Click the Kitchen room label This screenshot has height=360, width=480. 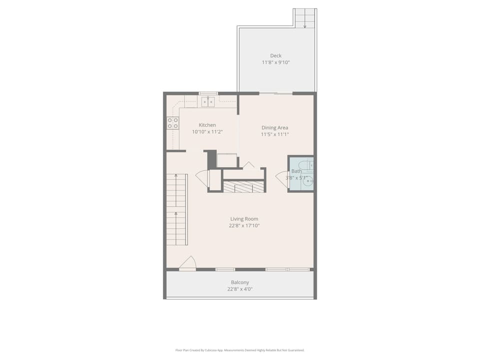tap(207, 125)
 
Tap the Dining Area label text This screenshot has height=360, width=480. tap(274, 127)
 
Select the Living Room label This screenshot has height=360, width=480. tap(244, 219)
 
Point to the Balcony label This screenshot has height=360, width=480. tap(240, 282)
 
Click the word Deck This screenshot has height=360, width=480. tap(275, 55)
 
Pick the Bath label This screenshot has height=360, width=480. tap(296, 171)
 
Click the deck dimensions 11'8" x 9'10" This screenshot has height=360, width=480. tap(275, 62)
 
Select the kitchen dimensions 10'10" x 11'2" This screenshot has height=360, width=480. tap(207, 132)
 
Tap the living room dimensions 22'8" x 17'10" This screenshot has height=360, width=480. tap(244, 225)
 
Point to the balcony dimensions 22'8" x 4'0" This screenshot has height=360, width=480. tap(240, 289)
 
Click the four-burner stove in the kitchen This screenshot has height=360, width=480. tap(173, 123)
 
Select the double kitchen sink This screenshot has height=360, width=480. tap(208, 101)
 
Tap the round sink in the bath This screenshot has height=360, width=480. tap(307, 181)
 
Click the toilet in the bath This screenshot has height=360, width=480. tap(307, 165)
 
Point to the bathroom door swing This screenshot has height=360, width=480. tap(281, 179)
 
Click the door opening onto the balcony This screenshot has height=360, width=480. tap(187, 263)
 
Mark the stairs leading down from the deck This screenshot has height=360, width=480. tap(305, 18)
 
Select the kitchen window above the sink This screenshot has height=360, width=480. tap(208, 93)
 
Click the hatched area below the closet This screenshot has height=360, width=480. tap(243, 186)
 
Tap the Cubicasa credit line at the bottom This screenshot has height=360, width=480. tap(239, 350)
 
